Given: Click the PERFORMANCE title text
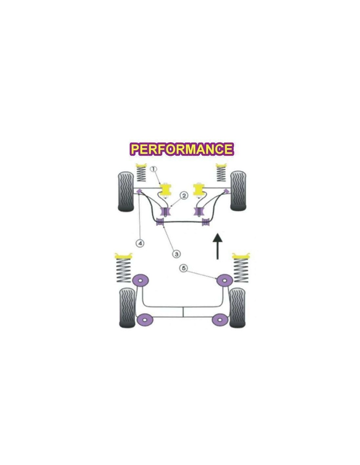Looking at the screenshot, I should [182, 149].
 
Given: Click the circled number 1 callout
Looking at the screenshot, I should [154, 169].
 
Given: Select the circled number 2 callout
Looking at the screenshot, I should [184, 196].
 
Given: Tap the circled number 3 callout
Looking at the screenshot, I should [176, 254].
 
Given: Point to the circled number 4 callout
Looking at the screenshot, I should [140, 243].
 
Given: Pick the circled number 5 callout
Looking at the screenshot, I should [184, 268].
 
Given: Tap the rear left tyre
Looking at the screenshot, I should [127, 308].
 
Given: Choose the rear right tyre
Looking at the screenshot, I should [237, 308].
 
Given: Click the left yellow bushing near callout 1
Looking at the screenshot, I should [166, 190].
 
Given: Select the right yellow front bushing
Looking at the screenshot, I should [199, 190].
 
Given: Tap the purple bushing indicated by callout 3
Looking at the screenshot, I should [160, 222].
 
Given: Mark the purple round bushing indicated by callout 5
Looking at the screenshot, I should [225, 280].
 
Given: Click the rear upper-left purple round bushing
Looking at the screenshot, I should [141, 280].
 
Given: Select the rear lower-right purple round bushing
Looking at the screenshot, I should [220, 319].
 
